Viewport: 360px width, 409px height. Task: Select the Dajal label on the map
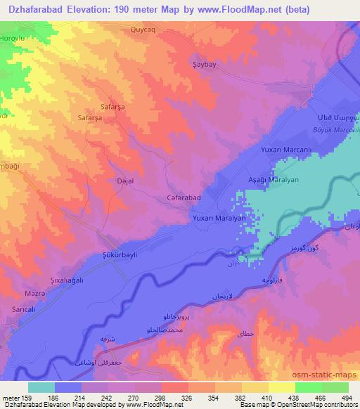click(124, 181)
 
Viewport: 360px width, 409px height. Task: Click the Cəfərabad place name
click(184, 198)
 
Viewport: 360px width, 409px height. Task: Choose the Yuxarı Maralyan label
click(219, 219)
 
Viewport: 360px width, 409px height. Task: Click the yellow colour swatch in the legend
click(281, 387)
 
